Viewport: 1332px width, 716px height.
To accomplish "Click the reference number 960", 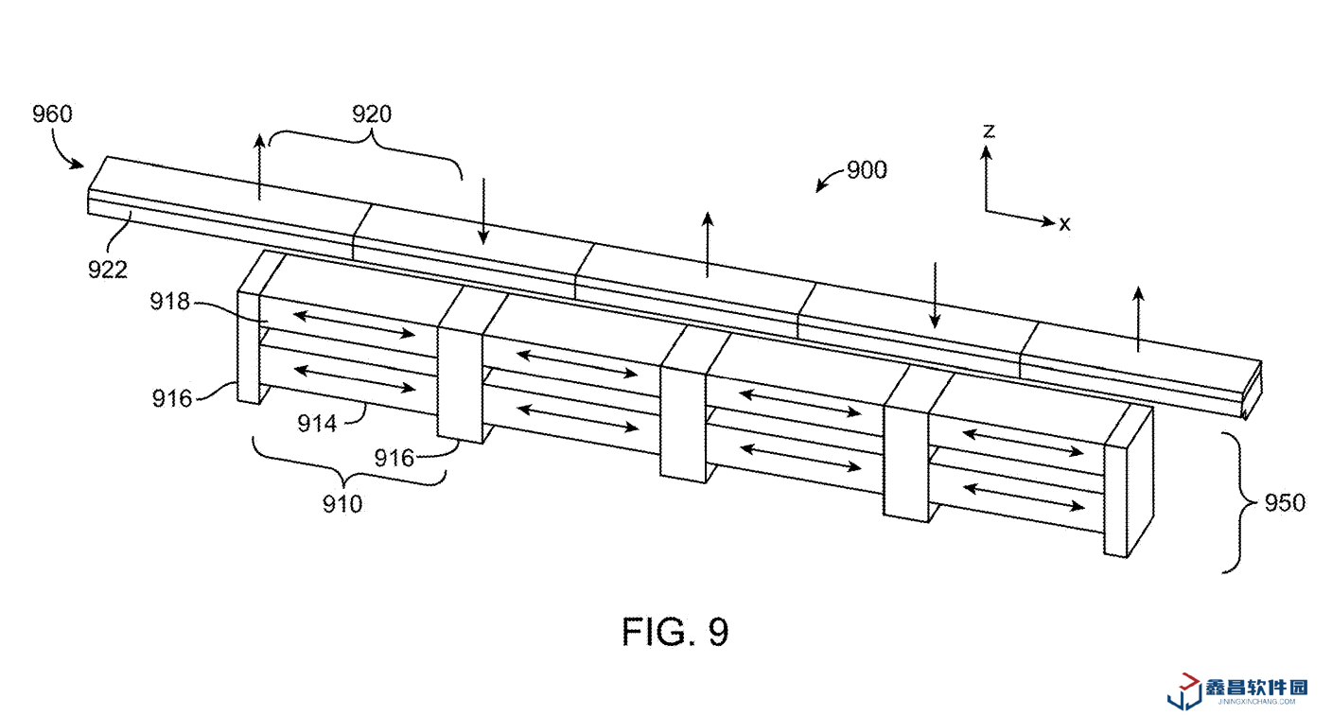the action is coord(52,114).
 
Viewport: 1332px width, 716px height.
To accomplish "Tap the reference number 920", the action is coord(372,114).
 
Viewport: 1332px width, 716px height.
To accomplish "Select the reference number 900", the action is coord(867,170).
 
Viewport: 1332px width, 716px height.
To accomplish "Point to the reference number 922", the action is coord(108,270).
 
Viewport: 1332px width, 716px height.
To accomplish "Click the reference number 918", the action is coord(169,302).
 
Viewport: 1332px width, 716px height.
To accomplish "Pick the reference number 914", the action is coord(317,424).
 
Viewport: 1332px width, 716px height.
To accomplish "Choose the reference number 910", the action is coord(342,504).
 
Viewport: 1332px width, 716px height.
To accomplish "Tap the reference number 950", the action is coord(1285,503).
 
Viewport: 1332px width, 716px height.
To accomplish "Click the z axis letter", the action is coord(989,131).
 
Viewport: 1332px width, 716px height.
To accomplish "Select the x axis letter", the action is coord(1064,223).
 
